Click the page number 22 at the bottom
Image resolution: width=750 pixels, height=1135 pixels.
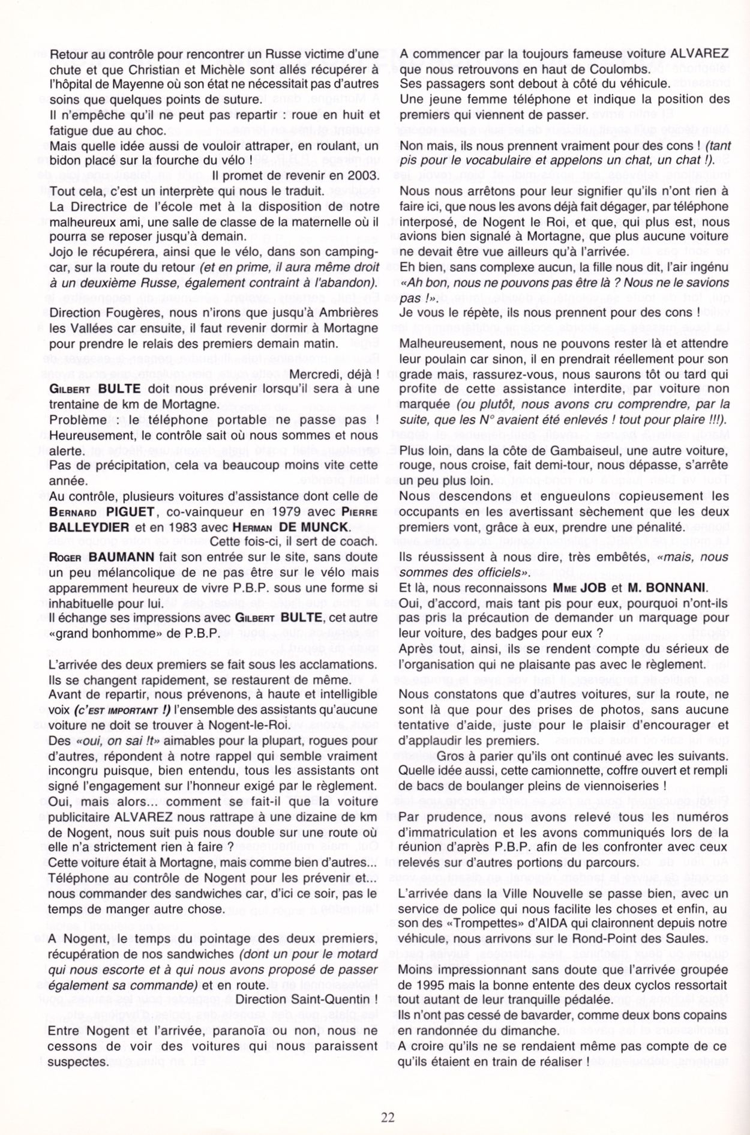[388, 1117]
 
